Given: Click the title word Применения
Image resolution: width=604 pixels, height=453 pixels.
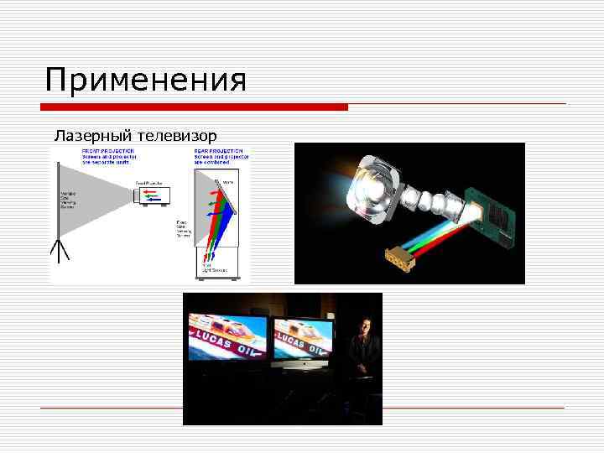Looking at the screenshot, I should point(146,81).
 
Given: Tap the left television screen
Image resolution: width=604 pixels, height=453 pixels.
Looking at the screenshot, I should point(226,337).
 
